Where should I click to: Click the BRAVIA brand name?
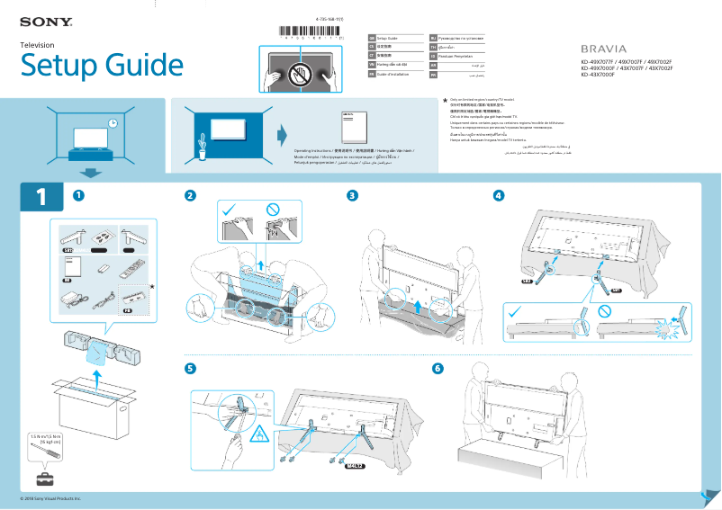603,48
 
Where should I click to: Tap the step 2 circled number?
190,195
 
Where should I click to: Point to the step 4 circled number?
499,195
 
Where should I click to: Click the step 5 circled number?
190,368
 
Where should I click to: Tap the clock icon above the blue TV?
113,123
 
